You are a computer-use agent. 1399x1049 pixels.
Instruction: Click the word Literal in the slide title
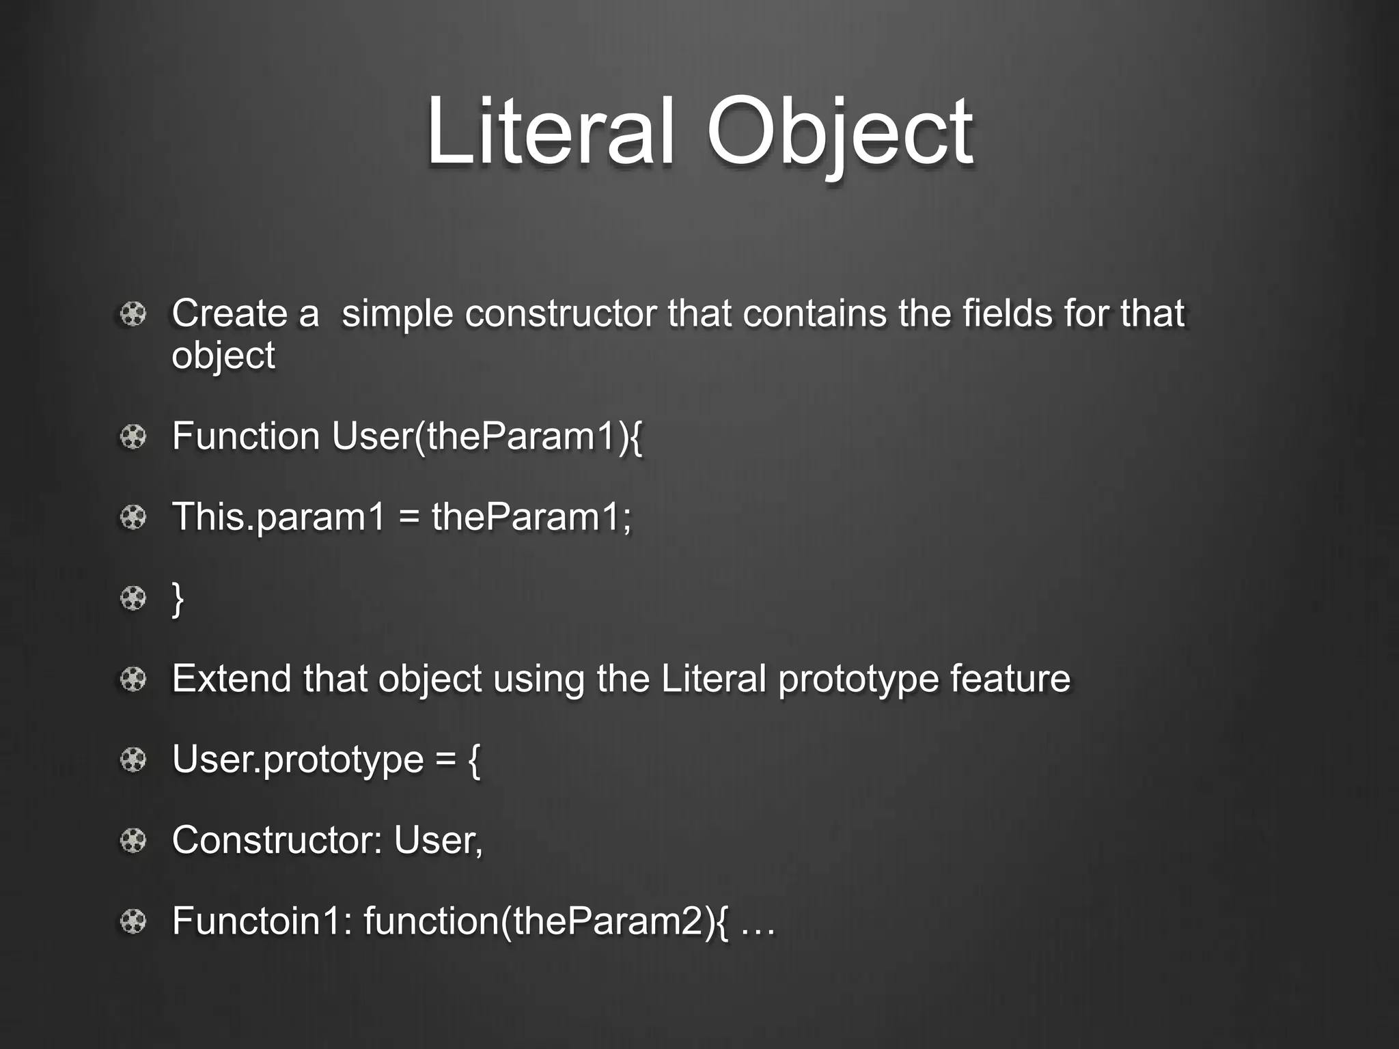(551, 131)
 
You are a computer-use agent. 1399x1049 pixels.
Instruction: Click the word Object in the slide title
(839, 131)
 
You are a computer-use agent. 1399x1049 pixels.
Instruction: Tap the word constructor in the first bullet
(560, 314)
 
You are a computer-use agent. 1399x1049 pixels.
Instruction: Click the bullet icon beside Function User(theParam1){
(133, 437)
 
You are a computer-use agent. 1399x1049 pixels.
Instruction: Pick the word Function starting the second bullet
(246, 436)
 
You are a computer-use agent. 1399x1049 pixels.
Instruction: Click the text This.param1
(279, 517)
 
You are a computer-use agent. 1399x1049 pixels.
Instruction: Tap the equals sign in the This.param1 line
(408, 517)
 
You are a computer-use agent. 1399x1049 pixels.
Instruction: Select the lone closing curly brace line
(178, 599)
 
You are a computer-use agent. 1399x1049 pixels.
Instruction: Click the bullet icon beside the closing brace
(133, 599)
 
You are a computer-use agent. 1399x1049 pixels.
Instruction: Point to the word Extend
(232, 679)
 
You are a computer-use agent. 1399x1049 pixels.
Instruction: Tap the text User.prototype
(298, 760)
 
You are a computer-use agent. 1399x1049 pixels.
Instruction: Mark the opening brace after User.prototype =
(474, 760)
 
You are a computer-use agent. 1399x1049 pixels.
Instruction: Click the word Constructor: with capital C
(277, 840)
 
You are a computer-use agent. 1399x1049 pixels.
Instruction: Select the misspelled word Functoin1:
(262, 921)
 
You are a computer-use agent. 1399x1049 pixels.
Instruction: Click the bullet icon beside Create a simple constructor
(133, 315)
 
